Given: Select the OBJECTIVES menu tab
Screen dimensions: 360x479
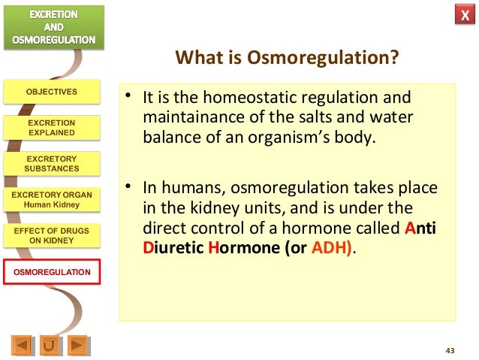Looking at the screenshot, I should tap(51, 92).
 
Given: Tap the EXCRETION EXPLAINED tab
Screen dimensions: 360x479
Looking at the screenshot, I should tap(51, 127).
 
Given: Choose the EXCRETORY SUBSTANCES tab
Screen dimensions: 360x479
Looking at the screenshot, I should tap(51, 163).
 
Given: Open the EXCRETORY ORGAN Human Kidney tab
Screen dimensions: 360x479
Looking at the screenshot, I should tap(51, 199).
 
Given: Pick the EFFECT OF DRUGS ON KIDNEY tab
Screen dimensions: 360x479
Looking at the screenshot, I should tap(51, 235).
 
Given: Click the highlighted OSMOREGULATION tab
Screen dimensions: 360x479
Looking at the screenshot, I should tap(51, 271).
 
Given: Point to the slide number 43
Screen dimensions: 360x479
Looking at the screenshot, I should tap(450, 351).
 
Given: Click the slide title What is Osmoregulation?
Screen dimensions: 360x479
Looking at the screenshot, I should tap(286, 58).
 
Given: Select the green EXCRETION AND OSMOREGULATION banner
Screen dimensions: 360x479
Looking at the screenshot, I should tap(51, 27).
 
